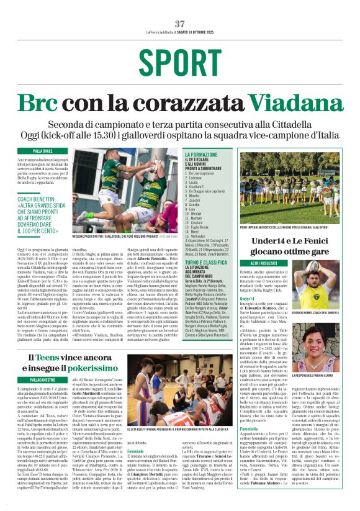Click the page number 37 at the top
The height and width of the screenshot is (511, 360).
[x=179, y=23]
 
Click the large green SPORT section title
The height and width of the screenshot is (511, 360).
[x=180, y=63]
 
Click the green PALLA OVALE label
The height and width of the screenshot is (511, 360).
[x=43, y=151]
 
